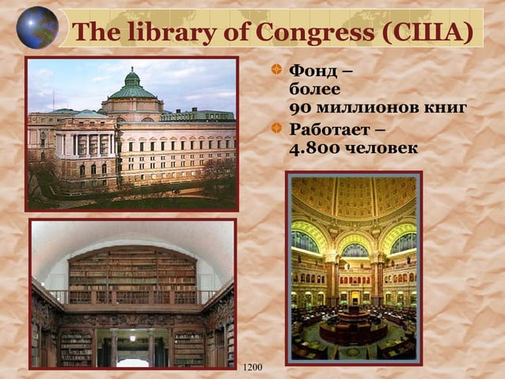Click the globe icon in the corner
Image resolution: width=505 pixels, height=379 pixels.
pyautogui.click(x=37, y=27)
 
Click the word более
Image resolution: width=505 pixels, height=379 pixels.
pyautogui.click(x=314, y=90)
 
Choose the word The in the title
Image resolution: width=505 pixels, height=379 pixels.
pyautogui.click(x=97, y=33)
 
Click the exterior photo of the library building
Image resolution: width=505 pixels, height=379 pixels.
pyautogui.click(x=131, y=133)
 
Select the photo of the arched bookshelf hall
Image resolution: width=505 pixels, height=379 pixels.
pyautogui.click(x=133, y=294)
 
